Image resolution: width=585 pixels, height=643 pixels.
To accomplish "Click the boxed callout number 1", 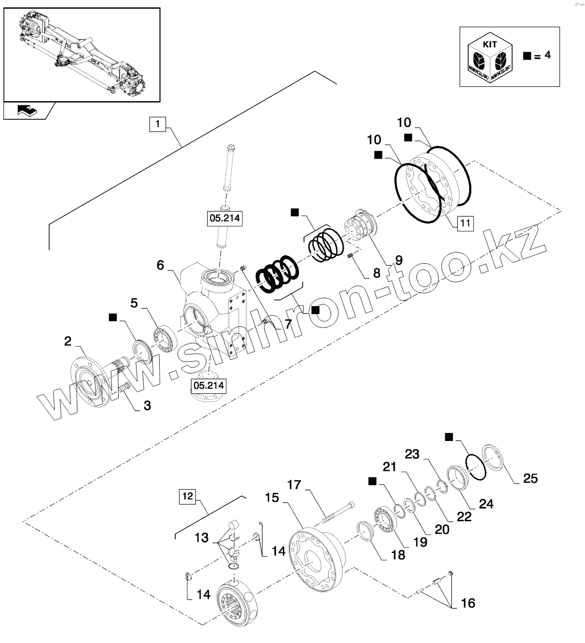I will pyautogui.click(x=157, y=124).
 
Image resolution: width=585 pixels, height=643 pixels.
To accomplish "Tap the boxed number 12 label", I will pyautogui.click(x=187, y=495).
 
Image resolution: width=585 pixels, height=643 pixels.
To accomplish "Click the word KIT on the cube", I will pyautogui.click(x=490, y=44).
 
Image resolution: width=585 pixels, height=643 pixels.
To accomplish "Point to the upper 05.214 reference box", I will pyautogui.click(x=225, y=218).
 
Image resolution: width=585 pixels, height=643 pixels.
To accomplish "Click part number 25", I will pyautogui.click(x=530, y=478).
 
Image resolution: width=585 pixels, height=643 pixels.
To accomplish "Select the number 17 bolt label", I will pyautogui.click(x=294, y=485).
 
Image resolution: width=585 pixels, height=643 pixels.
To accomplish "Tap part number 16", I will pyautogui.click(x=468, y=603).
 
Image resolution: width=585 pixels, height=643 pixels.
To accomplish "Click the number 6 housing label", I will pyautogui.click(x=160, y=265).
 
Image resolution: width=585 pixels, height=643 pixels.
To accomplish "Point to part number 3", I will pyautogui.click(x=147, y=406).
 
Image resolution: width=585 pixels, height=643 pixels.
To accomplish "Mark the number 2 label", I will pyautogui.click(x=68, y=340).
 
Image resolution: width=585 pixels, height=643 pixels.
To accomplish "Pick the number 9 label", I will pyautogui.click(x=398, y=260).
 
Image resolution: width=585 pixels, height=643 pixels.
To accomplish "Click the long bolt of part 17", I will pyautogui.click(x=338, y=512).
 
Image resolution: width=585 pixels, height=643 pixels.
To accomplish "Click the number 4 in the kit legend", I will pyautogui.click(x=547, y=55).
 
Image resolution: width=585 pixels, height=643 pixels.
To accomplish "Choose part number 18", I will pyautogui.click(x=398, y=554).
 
